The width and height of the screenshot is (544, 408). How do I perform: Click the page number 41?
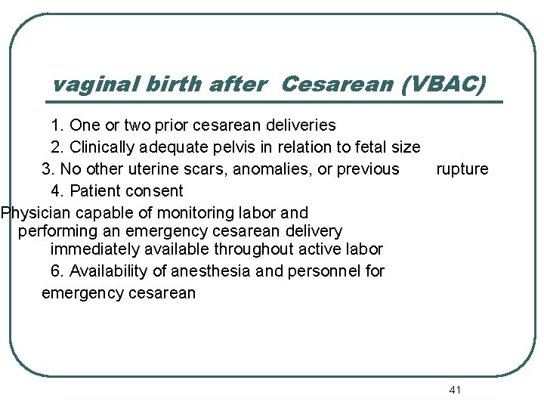[x=454, y=390]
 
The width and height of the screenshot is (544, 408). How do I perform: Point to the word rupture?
[x=462, y=169]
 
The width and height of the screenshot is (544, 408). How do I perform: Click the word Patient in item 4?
[x=94, y=191]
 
